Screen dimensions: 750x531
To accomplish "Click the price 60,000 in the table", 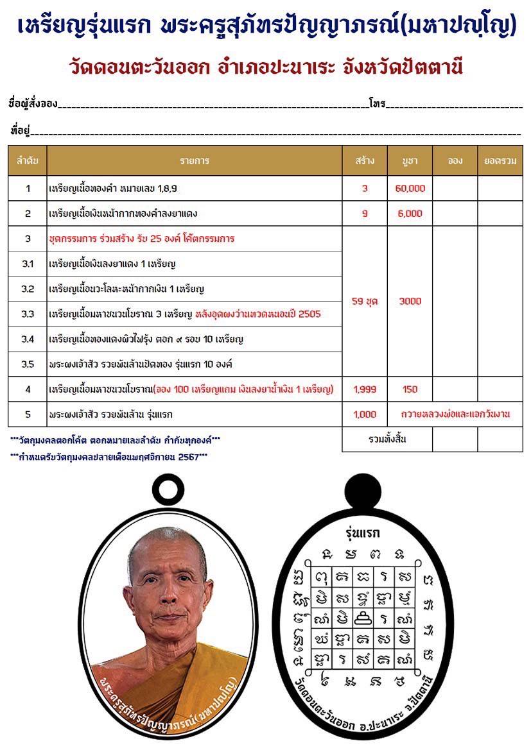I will click(410, 189).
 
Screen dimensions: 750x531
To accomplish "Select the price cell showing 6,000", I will click(410, 214).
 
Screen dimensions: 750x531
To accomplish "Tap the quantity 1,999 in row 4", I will click(365, 389).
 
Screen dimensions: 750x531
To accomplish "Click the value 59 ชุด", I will click(365, 302).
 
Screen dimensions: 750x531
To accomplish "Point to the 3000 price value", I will click(410, 302).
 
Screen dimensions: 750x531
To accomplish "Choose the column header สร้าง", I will click(365, 161).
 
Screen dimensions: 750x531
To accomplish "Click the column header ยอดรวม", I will click(500, 161).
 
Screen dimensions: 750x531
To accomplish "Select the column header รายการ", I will click(195, 161).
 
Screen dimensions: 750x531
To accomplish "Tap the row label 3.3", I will click(28, 314).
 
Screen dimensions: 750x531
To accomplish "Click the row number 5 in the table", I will click(28, 414).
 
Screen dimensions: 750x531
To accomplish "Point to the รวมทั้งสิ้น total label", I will click(388, 439).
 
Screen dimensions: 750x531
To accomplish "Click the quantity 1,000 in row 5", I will click(365, 414).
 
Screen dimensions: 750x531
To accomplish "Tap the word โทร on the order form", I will click(377, 103).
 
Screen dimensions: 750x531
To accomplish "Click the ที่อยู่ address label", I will click(21, 130).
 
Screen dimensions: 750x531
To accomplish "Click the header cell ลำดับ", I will click(28, 161).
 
